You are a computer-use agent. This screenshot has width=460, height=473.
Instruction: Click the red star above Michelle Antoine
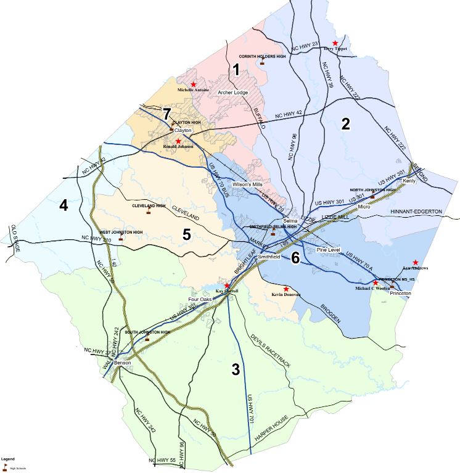194,84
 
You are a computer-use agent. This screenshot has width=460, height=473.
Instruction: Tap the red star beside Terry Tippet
335,43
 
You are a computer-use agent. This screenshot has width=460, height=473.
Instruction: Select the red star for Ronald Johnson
178,141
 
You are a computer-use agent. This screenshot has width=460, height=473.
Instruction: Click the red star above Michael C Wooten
376,282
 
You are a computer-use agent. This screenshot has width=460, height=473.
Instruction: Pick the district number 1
234,69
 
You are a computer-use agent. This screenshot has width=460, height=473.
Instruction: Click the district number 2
346,123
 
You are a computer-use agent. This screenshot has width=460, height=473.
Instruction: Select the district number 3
235,369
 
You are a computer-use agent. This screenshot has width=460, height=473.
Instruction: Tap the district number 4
64,205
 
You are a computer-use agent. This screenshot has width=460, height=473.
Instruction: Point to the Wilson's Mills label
248,184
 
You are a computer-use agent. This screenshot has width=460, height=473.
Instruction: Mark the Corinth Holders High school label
262,56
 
